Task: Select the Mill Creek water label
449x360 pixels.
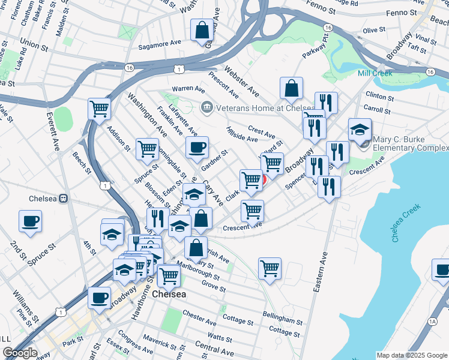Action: click(x=375, y=73)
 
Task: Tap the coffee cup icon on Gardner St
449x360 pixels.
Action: click(x=196, y=148)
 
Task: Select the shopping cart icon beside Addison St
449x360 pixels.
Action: click(x=99, y=110)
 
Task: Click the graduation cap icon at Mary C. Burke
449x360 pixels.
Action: click(x=360, y=130)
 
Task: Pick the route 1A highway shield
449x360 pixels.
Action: click(x=432, y=322)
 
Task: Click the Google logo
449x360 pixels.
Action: click(x=20, y=353)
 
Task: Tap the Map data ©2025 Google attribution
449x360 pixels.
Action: click(x=411, y=355)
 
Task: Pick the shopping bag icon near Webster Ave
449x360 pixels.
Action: click(x=291, y=88)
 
